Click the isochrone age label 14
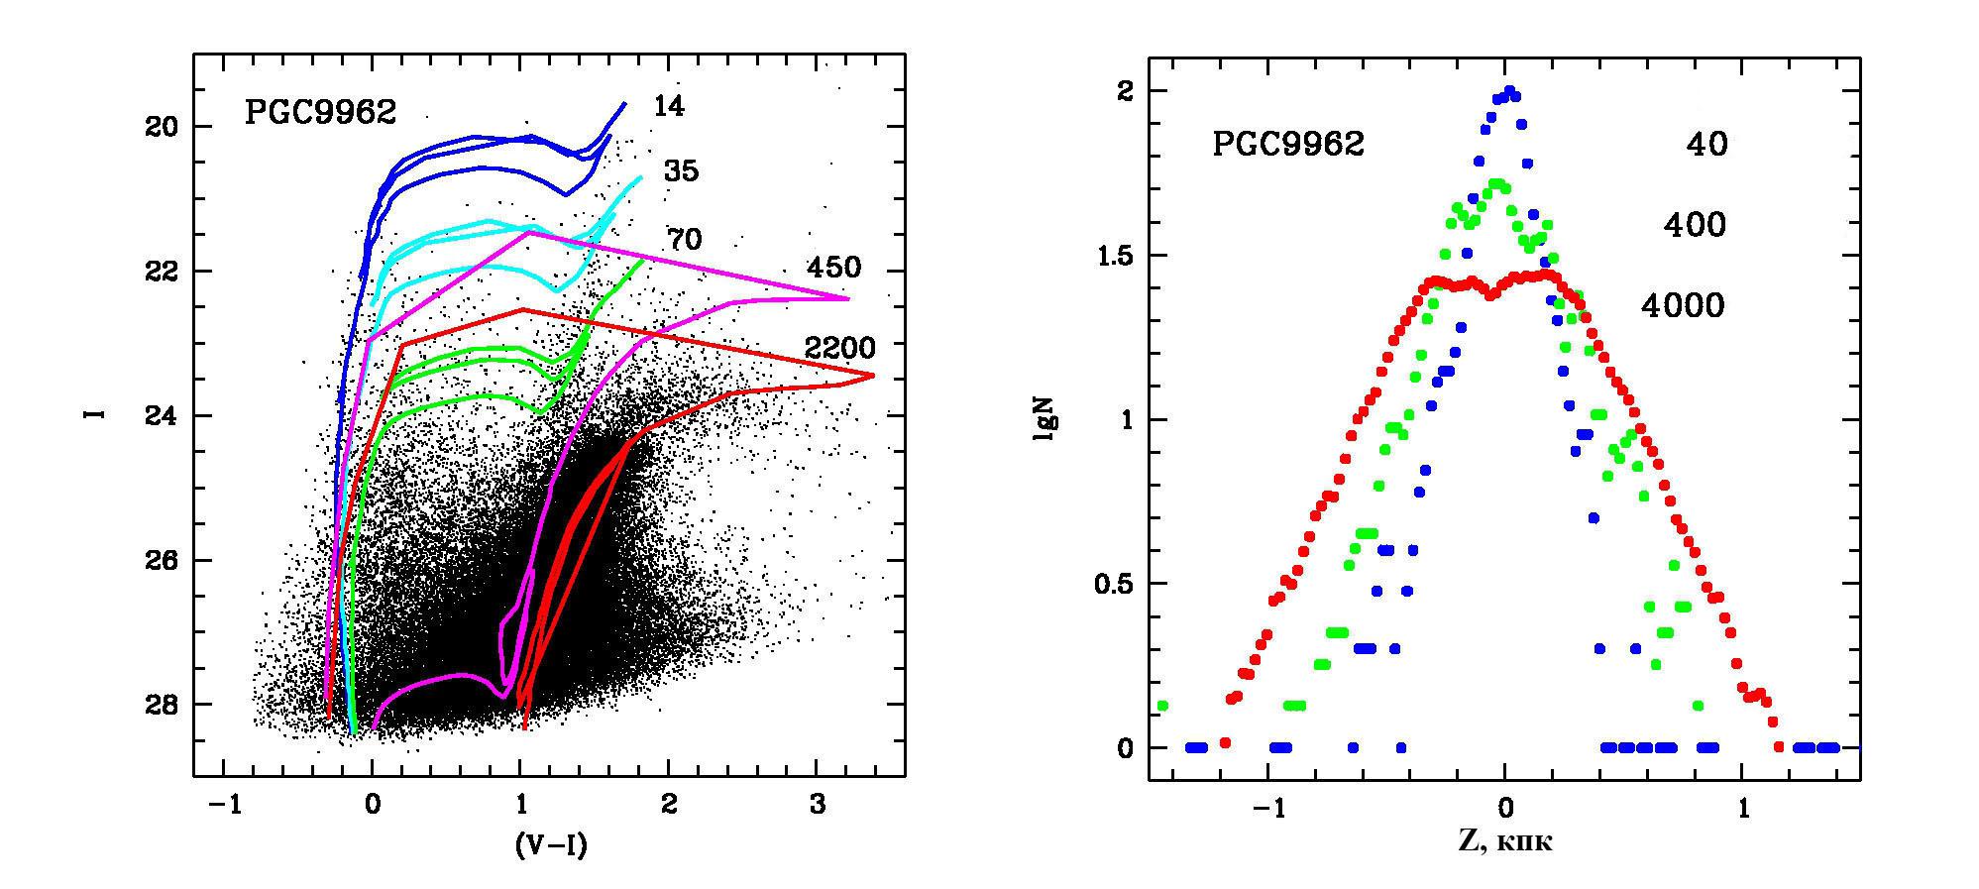pyautogui.click(x=669, y=107)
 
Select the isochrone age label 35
pyautogui.click(x=681, y=171)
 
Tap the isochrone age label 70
pyautogui.click(x=684, y=240)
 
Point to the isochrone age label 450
pyautogui.click(x=833, y=268)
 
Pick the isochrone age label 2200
pyautogui.click(x=840, y=349)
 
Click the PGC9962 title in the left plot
pyautogui.click(x=320, y=113)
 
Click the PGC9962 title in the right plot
pyautogui.click(x=1288, y=145)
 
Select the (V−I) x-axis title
pyautogui.click(x=550, y=844)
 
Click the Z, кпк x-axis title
pyautogui.click(x=1504, y=841)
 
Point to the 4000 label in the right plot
pyautogui.click(x=1683, y=307)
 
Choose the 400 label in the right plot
pyautogui.click(x=1695, y=226)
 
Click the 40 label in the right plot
pyautogui.click(x=1706, y=145)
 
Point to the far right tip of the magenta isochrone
pyautogui.click(x=849, y=298)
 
